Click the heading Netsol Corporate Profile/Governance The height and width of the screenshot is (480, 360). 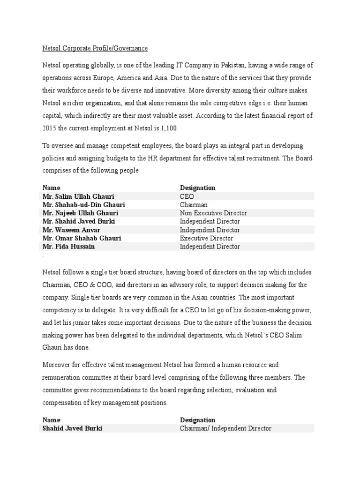coord(95,48)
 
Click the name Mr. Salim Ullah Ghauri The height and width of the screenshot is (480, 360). coord(78,196)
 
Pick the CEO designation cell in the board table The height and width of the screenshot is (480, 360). coord(187,196)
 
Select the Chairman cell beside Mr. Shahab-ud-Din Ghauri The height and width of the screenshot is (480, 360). coord(194,205)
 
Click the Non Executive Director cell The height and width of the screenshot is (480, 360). coord(213,213)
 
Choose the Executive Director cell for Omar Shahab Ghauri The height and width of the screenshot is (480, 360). coord(207,238)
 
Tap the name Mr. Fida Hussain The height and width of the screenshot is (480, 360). coord(69,247)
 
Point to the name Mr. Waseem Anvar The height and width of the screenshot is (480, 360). coord(71,230)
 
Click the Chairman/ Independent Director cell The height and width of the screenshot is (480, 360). coord(225,428)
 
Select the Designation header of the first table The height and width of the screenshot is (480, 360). coord(197,188)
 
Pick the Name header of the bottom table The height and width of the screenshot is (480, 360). coord(51,420)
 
